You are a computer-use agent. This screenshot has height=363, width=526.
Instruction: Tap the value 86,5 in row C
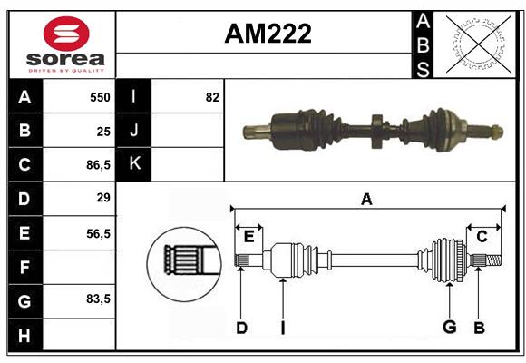98,165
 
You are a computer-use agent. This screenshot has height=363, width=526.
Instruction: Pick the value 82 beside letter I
212,97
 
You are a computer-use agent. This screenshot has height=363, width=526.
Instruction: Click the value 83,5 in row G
98,299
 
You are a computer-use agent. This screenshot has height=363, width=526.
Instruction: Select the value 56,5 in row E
98,232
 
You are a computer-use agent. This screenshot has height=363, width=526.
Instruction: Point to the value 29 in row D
102,198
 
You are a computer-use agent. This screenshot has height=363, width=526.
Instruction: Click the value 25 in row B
102,132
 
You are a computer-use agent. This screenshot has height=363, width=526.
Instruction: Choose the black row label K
134,164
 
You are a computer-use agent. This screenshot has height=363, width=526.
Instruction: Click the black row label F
24,266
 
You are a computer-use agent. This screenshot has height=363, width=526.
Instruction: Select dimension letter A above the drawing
366,200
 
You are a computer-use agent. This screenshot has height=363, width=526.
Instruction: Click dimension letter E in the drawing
248,236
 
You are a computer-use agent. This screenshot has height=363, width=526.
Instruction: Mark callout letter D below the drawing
241,328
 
